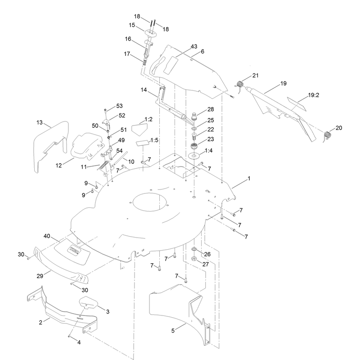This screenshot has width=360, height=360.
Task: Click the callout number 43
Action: pyautogui.click(x=194, y=47)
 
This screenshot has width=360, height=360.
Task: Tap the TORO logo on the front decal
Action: pyautogui.click(x=74, y=251)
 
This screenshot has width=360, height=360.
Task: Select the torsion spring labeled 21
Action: pyautogui.click(x=240, y=84)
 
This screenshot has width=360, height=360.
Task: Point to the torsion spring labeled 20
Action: pyautogui.click(x=328, y=135)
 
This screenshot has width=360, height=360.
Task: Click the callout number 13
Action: pyautogui.click(x=40, y=122)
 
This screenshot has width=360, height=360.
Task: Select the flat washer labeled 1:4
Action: pyautogui.click(x=194, y=156)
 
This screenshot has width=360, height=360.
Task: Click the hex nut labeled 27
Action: pyautogui.click(x=194, y=259)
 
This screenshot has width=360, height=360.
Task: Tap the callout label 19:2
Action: pyautogui.click(x=313, y=95)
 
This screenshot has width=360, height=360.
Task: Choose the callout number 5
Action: pyautogui.click(x=173, y=331)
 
